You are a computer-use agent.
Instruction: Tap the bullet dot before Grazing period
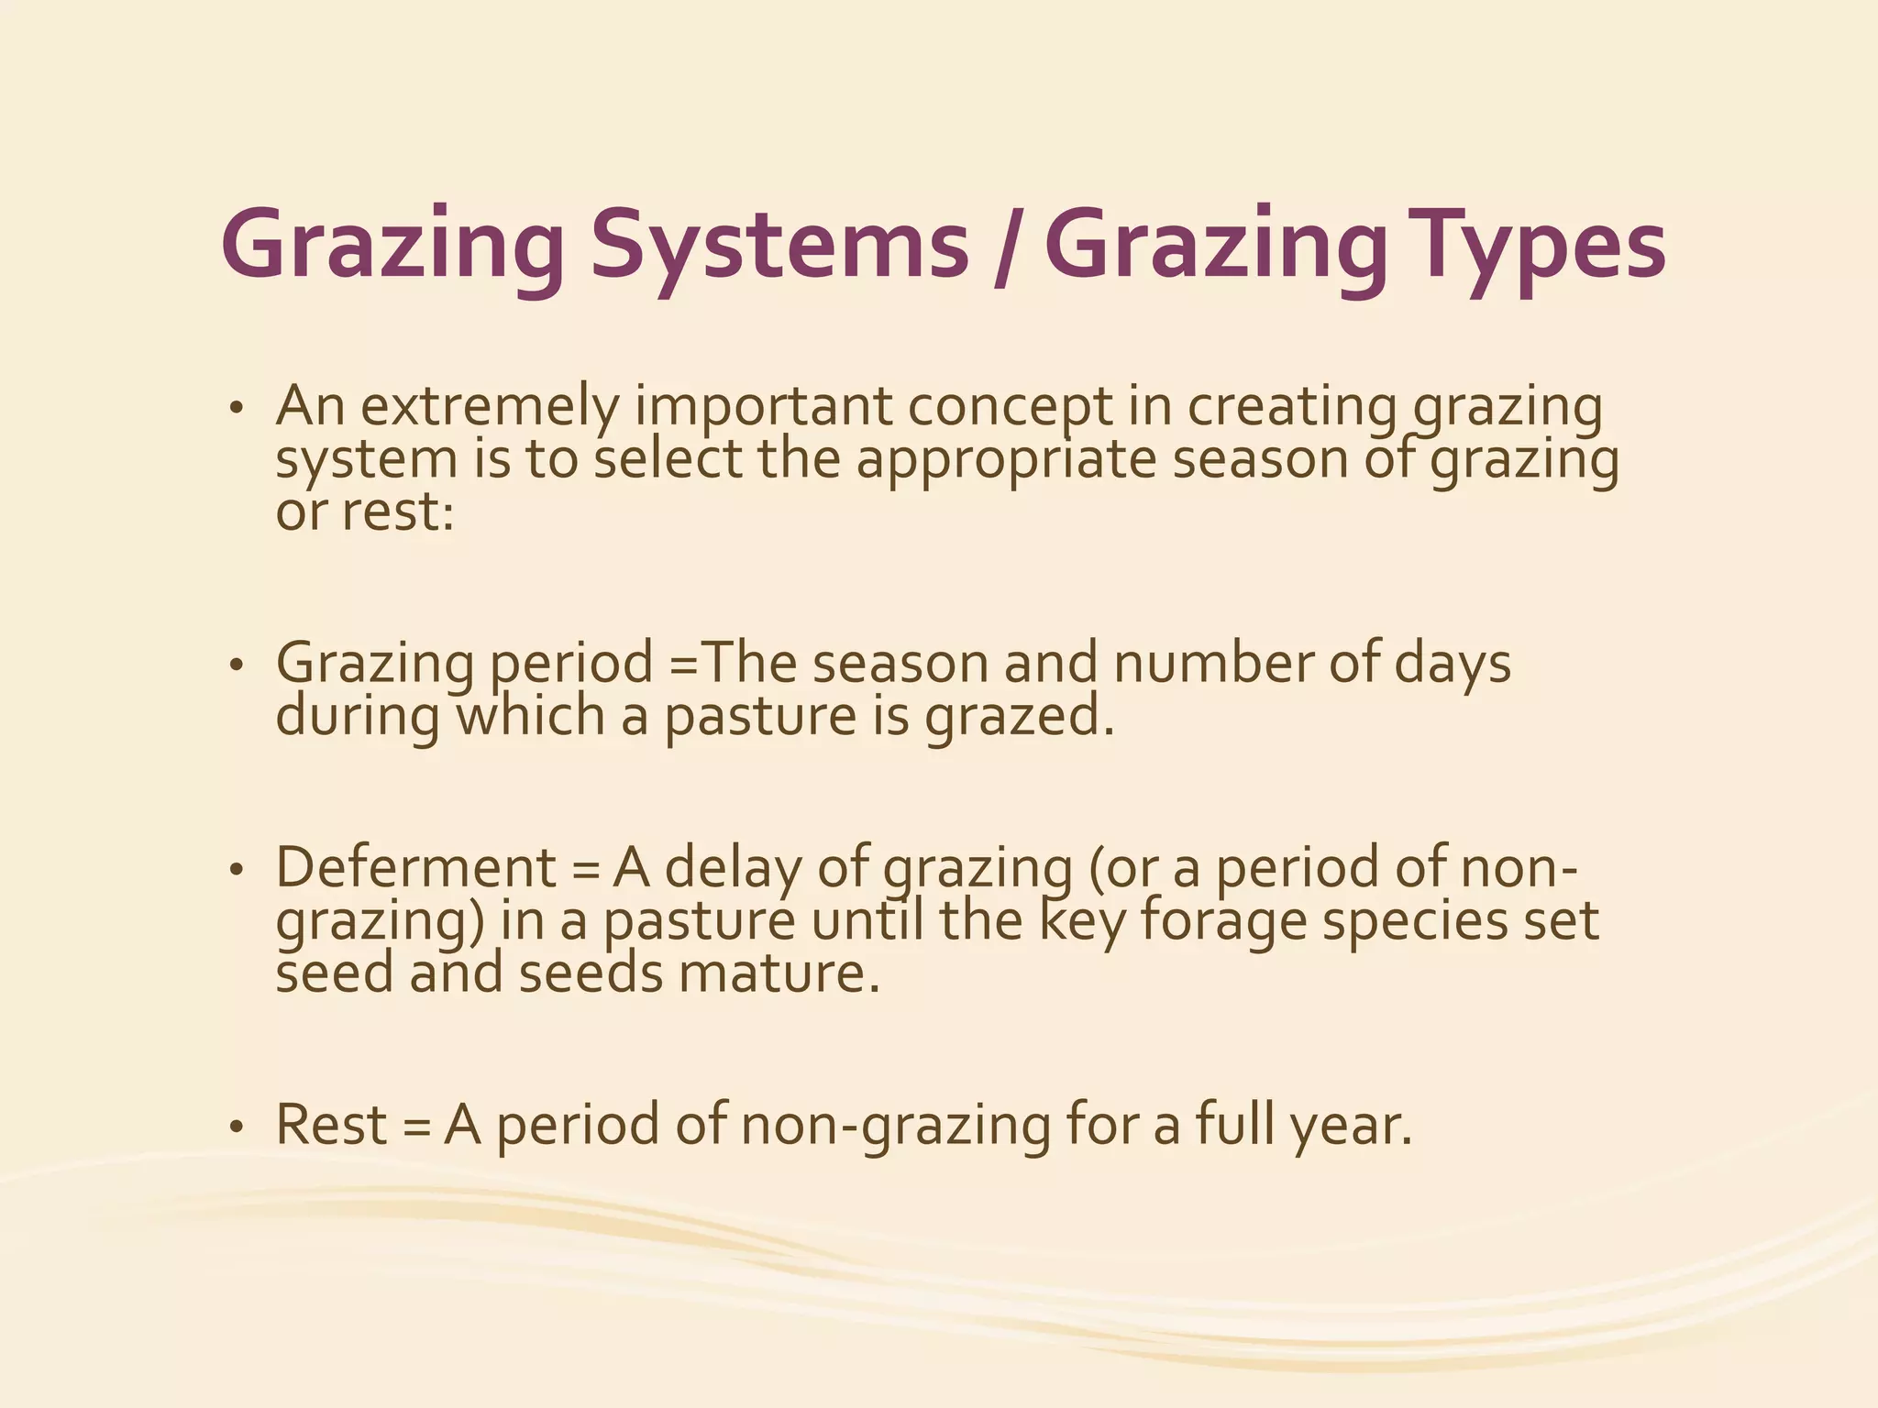(x=237, y=665)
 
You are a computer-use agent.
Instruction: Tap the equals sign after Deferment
(x=585, y=869)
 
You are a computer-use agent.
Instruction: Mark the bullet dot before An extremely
(x=237, y=409)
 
